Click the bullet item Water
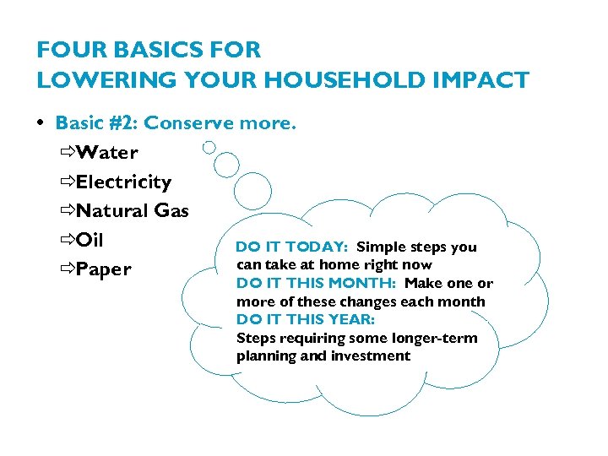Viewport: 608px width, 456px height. point(106,153)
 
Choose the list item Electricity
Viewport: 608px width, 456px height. point(123,182)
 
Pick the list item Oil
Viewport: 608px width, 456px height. point(90,240)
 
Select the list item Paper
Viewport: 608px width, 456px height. point(104,269)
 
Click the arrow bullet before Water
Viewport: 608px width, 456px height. point(67,153)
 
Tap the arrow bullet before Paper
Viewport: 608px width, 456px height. point(67,269)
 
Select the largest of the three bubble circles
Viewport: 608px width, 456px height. point(252,190)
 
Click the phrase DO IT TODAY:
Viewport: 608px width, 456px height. point(291,247)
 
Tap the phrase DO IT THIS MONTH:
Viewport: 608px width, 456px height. point(317,284)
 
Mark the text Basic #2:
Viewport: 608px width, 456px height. point(97,123)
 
